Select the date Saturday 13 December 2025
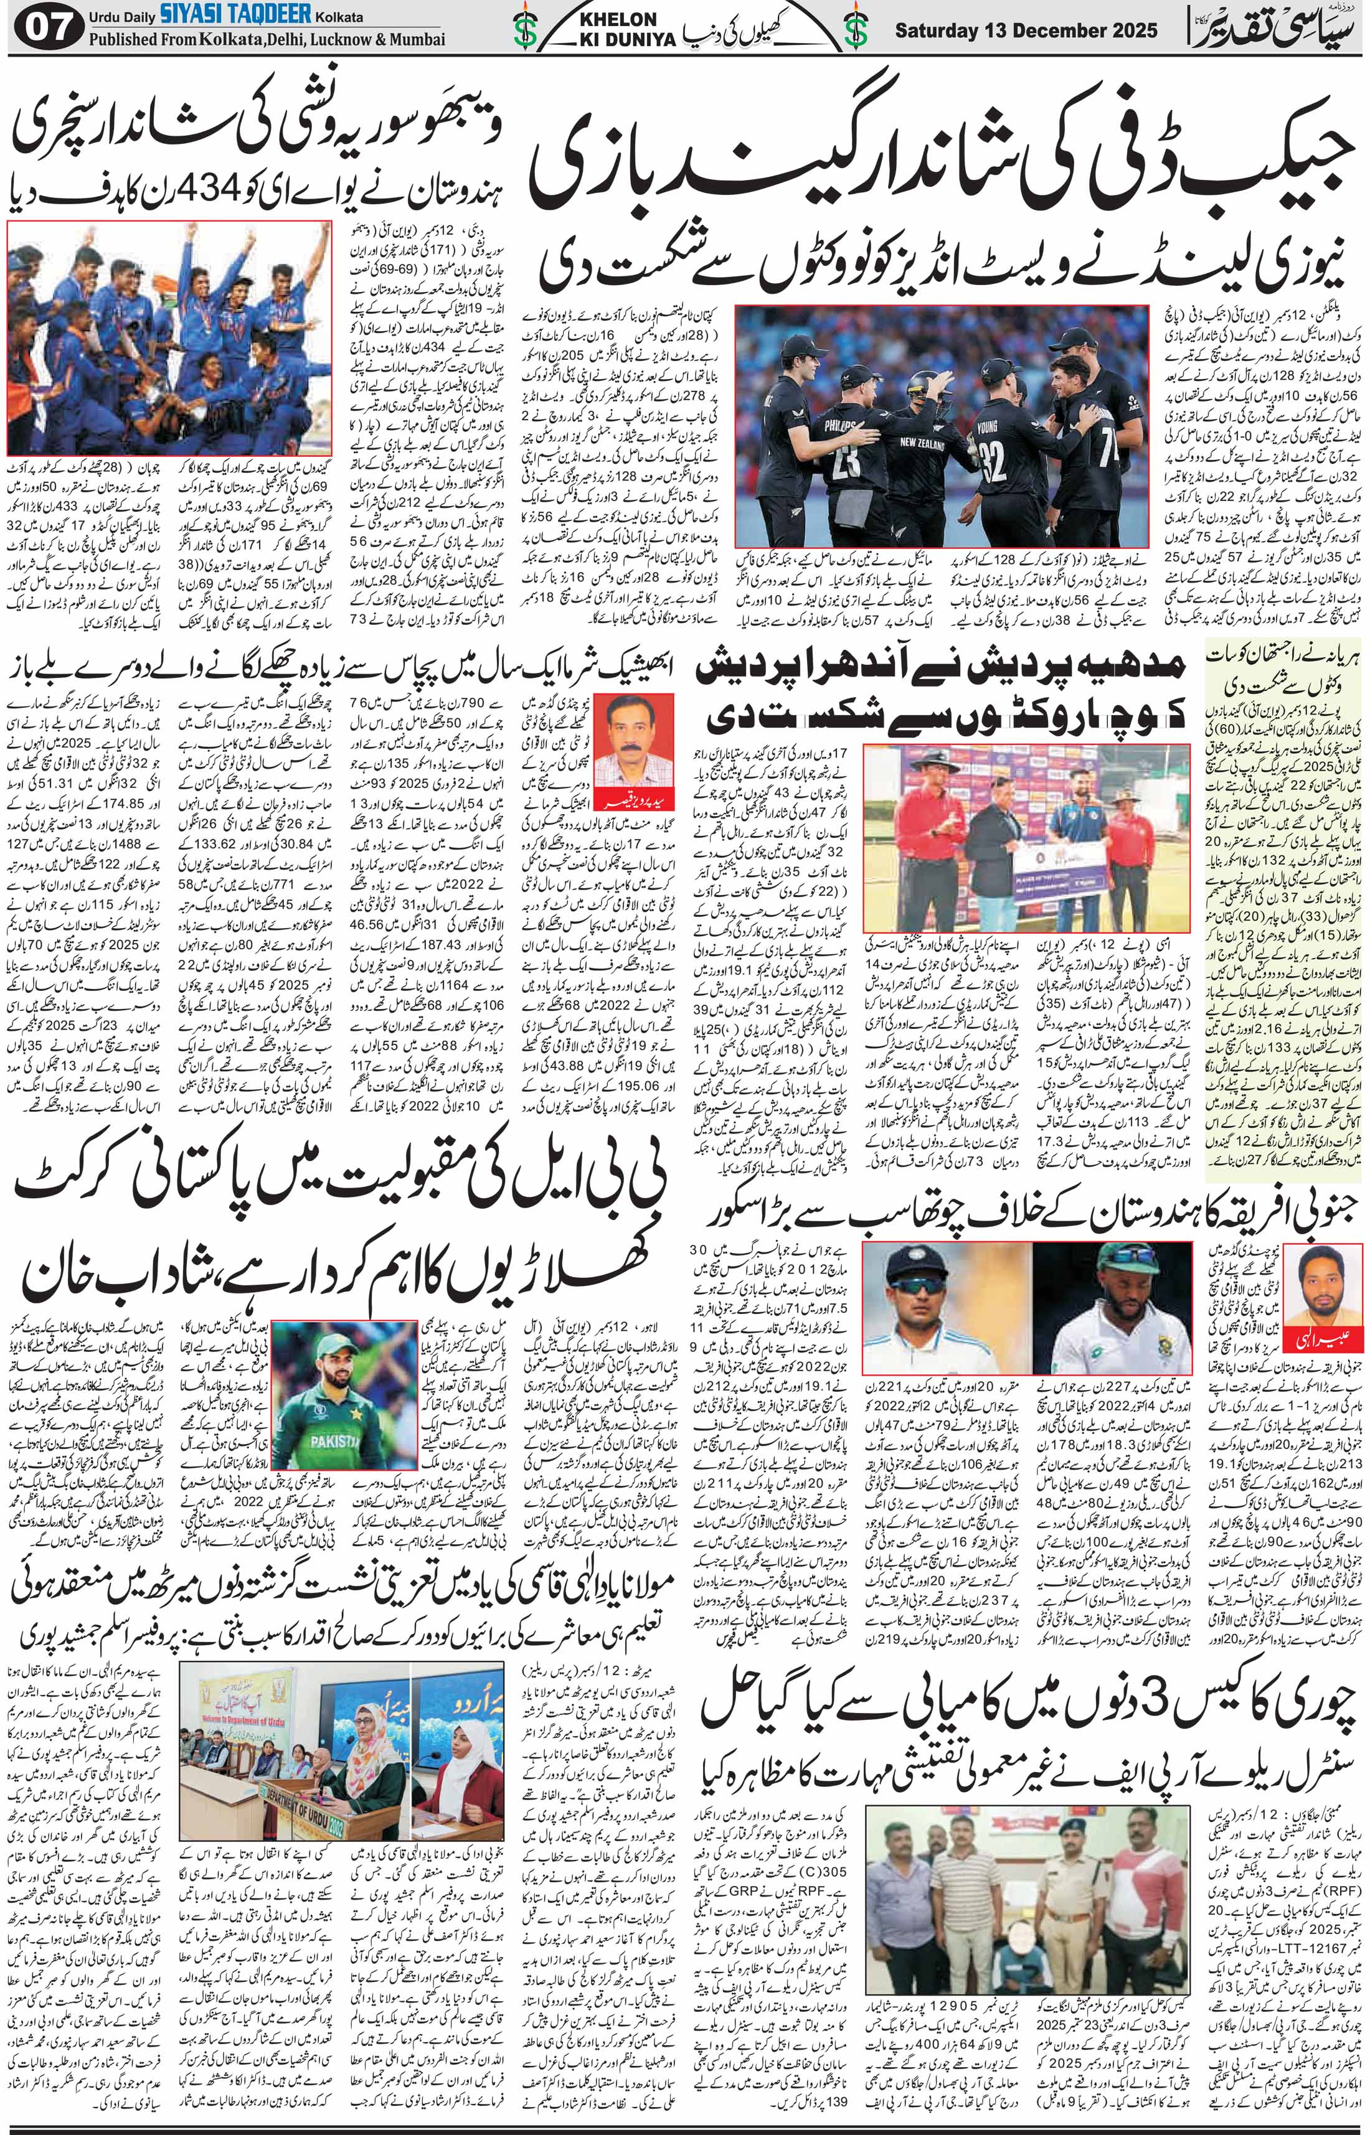1026,31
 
